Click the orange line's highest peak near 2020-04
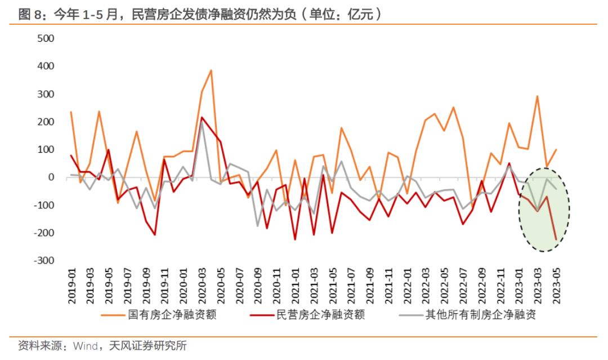tap(211, 70)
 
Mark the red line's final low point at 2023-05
tap(556, 239)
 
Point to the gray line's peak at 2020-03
tap(202, 122)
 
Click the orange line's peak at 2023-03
tap(537, 96)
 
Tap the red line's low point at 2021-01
tap(295, 239)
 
